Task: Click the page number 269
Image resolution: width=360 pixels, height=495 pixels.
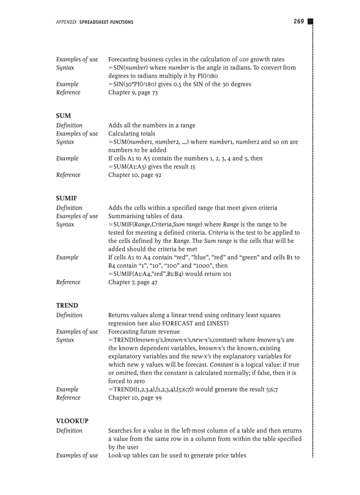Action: tap(299, 21)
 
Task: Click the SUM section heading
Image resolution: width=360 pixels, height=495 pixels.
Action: tap(64, 116)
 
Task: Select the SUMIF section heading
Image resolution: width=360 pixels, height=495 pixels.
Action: tap(67, 198)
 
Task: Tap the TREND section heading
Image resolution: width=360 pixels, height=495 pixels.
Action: tap(67, 305)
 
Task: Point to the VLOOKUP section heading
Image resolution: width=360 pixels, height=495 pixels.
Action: tap(72, 421)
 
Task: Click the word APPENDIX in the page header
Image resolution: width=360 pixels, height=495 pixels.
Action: tap(66, 22)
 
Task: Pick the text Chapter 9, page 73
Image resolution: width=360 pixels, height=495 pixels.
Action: tap(133, 93)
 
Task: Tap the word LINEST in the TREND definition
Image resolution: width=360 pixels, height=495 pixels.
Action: tap(216, 323)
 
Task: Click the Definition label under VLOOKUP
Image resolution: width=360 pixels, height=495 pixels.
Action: tap(69, 431)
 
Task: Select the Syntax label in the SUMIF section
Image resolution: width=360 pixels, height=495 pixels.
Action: tap(65, 224)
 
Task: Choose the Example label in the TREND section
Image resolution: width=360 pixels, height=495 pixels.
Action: tap(67, 389)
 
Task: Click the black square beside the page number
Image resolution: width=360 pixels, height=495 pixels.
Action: tap(310, 22)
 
